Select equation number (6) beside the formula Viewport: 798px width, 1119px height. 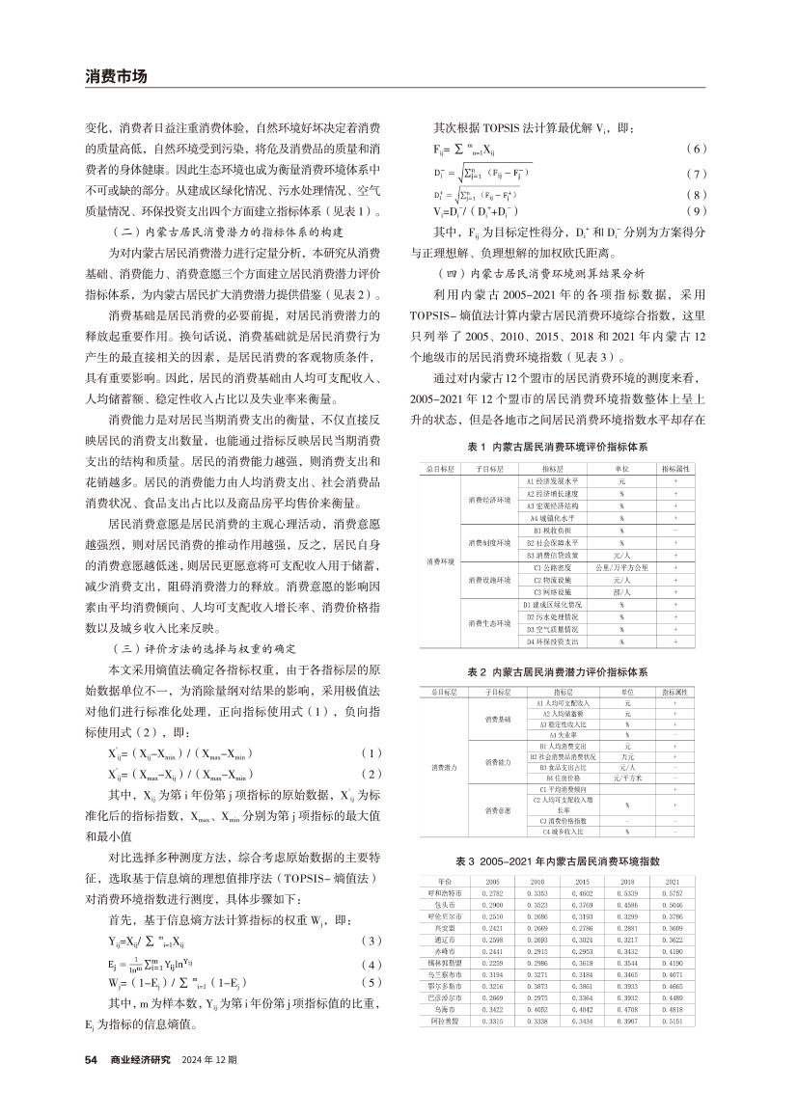[x=696, y=150]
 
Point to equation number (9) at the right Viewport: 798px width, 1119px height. [x=696, y=210]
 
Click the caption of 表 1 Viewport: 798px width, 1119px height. [x=557, y=448]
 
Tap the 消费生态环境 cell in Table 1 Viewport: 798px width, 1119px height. [x=490, y=623]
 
